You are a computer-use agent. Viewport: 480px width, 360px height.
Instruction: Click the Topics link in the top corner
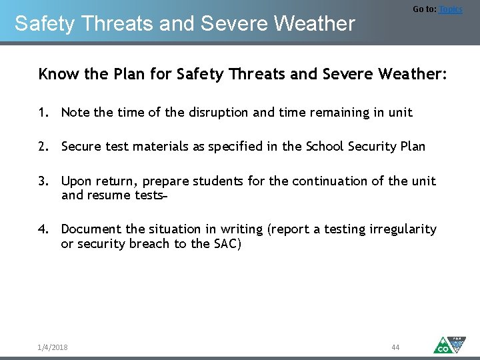(x=450, y=9)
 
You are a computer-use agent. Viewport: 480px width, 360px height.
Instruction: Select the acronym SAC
(x=225, y=244)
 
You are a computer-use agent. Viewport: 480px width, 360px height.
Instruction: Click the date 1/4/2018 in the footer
(x=53, y=347)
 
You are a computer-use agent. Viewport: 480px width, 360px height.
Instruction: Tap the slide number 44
(x=395, y=347)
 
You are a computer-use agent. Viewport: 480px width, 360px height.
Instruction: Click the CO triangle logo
(x=443, y=345)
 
